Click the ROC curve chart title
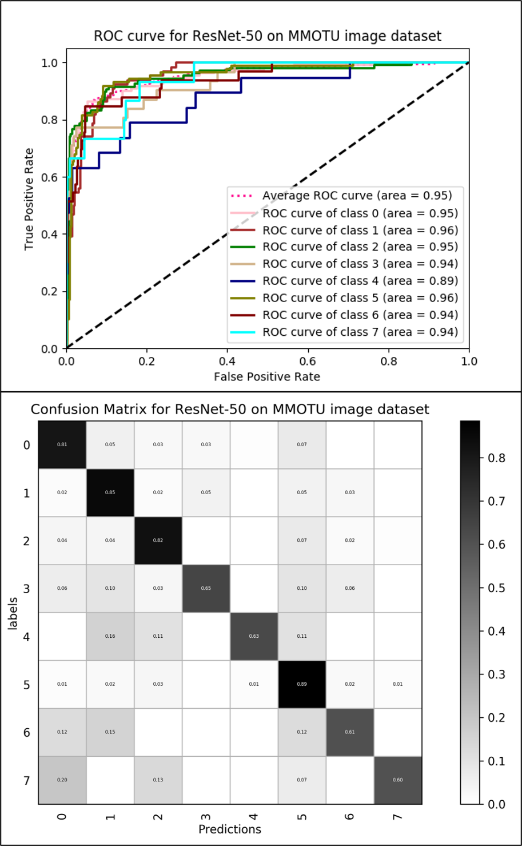[268, 36]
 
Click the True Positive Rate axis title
[29, 199]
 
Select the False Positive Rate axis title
[266, 377]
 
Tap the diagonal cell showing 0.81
[62, 444]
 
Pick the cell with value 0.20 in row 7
[62, 780]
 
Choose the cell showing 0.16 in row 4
[110, 636]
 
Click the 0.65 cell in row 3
[205, 589]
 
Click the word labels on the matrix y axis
[13, 612]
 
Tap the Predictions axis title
[229, 829]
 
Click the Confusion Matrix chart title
[229, 410]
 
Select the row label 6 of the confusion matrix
[27, 732]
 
